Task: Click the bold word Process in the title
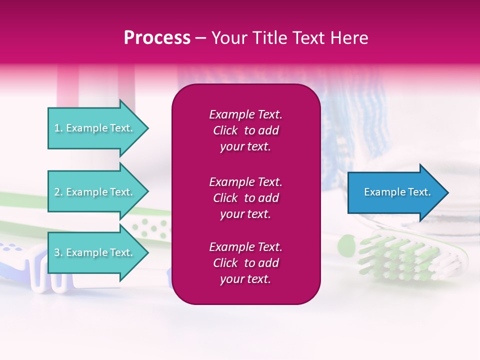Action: click(x=157, y=38)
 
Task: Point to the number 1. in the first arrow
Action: click(x=58, y=128)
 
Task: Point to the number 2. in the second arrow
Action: click(x=59, y=192)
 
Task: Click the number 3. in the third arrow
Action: click(x=59, y=252)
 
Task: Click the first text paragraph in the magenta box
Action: click(x=245, y=130)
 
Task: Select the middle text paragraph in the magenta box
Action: click(x=245, y=198)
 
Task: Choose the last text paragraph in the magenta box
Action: click(x=245, y=263)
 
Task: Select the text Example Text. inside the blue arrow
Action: click(x=397, y=192)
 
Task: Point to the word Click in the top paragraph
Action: click(x=225, y=130)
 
